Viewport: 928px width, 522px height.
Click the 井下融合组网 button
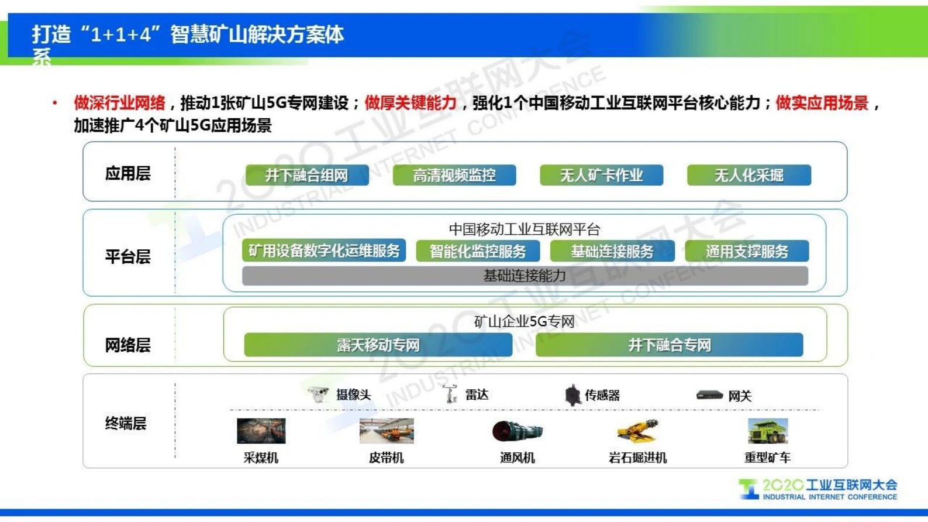click(307, 175)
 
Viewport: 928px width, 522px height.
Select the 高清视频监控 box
click(454, 175)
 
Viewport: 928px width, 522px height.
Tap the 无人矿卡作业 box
click(601, 175)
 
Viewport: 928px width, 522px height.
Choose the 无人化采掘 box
click(748, 175)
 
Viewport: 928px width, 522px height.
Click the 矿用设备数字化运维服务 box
click(324, 251)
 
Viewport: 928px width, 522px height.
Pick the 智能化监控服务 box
click(478, 252)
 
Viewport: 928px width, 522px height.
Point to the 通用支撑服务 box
click(747, 252)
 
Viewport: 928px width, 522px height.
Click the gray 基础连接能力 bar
click(525, 276)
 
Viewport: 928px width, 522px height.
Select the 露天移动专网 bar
click(378, 345)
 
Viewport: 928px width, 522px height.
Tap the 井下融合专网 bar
click(669, 345)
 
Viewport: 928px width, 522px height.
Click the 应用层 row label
click(128, 174)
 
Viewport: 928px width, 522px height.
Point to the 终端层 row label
click(126, 423)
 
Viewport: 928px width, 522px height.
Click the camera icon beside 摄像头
click(319, 394)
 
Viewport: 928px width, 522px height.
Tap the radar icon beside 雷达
click(450, 394)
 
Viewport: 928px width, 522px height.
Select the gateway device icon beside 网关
click(709, 396)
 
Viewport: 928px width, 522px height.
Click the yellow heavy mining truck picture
click(767, 431)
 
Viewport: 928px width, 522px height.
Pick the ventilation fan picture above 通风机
click(517, 432)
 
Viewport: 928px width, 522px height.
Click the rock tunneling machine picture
click(637, 431)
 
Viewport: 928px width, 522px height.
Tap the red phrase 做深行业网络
click(119, 104)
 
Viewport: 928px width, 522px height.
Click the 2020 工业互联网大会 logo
click(817, 489)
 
